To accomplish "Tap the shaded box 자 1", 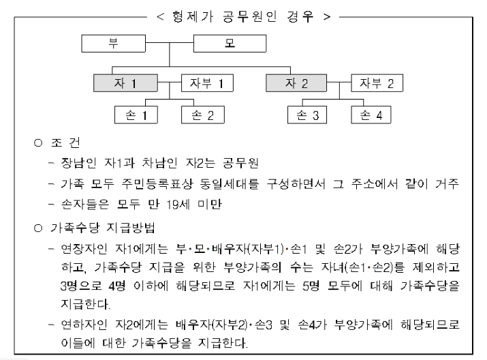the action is coord(126,84).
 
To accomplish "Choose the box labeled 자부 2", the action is coord(376,84).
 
